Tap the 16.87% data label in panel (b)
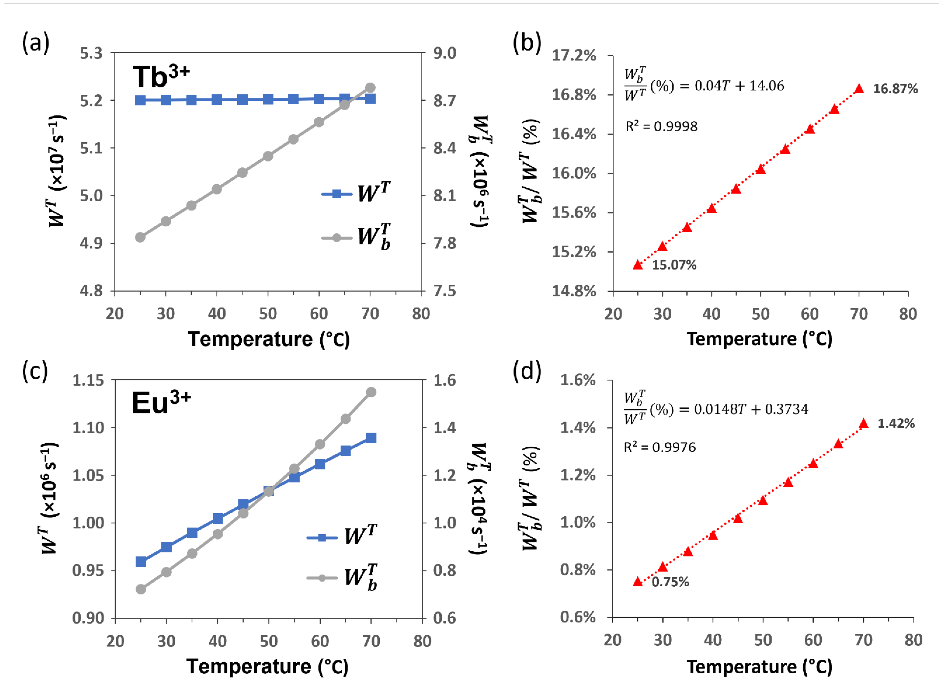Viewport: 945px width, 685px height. coord(895,89)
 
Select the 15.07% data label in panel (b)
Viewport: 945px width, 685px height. coord(674,265)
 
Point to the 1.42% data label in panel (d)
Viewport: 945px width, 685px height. coord(896,424)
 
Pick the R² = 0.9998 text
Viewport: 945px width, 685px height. coord(661,126)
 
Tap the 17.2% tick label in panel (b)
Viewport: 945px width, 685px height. coord(574,56)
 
